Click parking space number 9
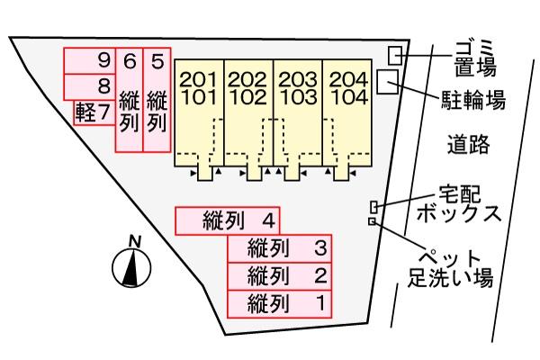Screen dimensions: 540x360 pyautogui.click(x=89, y=61)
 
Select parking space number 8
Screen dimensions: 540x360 pyautogui.click(x=89, y=86)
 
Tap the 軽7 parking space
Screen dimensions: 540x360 pyautogui.click(x=94, y=112)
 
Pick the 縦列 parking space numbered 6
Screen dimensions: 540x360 pyautogui.click(x=129, y=100)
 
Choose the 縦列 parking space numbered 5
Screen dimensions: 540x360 pyautogui.click(x=157, y=100)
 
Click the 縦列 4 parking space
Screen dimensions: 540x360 pyautogui.click(x=228, y=220)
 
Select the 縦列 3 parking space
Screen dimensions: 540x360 pyautogui.click(x=279, y=248)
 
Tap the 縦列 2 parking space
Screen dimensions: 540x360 pyautogui.click(x=279, y=276)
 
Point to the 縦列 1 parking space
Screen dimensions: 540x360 pyautogui.click(x=279, y=304)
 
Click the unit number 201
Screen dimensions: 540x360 pyautogui.click(x=199, y=80)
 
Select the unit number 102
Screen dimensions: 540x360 pyautogui.click(x=248, y=97)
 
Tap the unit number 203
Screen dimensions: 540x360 pyautogui.click(x=298, y=80)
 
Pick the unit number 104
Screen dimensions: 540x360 pyautogui.click(x=349, y=97)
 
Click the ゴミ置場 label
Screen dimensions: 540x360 pyautogui.click(x=475, y=58)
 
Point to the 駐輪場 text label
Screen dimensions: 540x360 pyautogui.click(x=473, y=100)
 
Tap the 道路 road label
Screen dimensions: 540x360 pyautogui.click(x=469, y=144)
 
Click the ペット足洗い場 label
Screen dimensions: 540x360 pyautogui.click(x=451, y=269)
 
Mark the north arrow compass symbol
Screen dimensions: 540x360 pyautogui.click(x=132, y=262)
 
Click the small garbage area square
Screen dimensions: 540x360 pyautogui.click(x=395, y=56)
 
